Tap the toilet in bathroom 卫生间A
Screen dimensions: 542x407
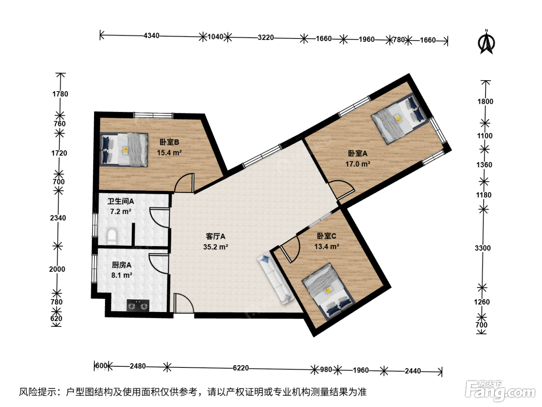112,236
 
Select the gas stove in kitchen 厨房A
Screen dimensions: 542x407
138,305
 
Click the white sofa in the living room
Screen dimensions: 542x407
276,279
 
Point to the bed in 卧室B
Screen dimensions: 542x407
124,150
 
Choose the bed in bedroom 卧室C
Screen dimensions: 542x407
328,292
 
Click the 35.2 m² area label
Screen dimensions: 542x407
216,247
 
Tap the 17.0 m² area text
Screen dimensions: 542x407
358,164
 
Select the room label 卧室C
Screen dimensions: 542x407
326,236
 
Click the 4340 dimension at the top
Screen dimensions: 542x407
151,36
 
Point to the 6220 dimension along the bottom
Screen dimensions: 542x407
241,368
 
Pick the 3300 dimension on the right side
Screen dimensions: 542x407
483,248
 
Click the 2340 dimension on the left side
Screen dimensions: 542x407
58,218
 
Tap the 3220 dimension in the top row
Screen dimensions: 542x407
266,38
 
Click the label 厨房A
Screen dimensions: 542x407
122,265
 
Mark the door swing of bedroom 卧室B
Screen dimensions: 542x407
184,183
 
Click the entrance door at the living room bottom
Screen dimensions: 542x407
184,303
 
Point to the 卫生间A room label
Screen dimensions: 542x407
121,202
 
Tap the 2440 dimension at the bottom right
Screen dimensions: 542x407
413,371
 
